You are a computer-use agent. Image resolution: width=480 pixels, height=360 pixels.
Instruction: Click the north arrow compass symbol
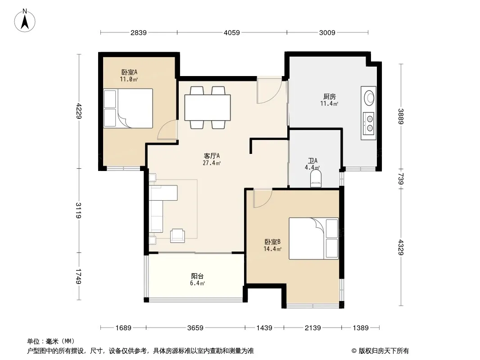click(x=25, y=21)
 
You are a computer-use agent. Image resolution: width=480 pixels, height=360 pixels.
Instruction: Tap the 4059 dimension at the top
click(x=232, y=32)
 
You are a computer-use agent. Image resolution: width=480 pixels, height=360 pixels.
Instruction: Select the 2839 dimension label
click(x=139, y=32)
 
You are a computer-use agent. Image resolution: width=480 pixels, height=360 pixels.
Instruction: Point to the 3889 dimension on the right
click(x=401, y=117)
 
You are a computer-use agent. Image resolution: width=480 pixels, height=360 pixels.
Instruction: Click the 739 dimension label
click(x=401, y=179)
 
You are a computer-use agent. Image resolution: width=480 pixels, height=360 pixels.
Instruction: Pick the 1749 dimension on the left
click(x=79, y=276)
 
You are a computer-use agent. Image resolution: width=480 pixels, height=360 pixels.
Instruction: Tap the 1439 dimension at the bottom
click(x=264, y=328)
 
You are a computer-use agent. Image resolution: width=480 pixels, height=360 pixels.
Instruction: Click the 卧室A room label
click(x=129, y=72)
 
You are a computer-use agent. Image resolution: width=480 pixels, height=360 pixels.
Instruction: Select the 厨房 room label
click(x=330, y=97)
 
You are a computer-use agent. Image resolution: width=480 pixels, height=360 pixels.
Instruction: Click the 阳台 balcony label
click(x=198, y=276)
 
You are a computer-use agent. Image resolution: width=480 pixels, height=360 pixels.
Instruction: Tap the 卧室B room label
click(x=272, y=242)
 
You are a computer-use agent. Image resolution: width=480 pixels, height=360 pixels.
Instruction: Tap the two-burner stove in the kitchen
click(x=369, y=123)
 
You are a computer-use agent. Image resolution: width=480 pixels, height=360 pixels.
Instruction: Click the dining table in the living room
click(x=208, y=108)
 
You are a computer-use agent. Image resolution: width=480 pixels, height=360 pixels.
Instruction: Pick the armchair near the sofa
click(x=177, y=235)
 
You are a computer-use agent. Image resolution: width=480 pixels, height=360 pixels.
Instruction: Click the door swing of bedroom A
click(x=168, y=130)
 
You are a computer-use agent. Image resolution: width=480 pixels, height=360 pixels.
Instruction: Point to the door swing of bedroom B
click(x=263, y=198)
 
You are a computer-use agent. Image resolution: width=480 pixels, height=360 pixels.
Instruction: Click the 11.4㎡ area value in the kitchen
click(x=330, y=103)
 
